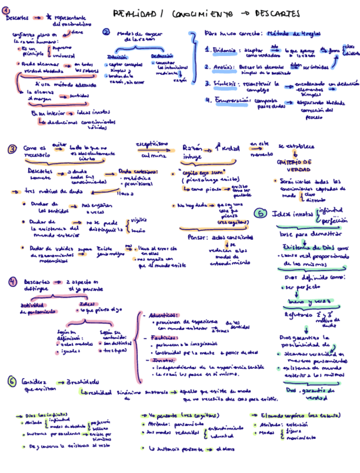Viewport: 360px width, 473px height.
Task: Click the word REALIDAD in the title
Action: coord(129,13)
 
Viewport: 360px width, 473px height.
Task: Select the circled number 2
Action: coord(106,32)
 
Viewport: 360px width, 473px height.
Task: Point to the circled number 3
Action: coord(12,149)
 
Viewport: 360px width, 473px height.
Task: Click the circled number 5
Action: coord(260,214)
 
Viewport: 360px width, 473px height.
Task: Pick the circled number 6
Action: coord(12,382)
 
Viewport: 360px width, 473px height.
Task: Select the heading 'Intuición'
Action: coord(116,57)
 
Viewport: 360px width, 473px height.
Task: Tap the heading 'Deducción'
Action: coord(162,56)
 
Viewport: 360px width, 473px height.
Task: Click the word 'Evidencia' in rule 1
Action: coord(224,50)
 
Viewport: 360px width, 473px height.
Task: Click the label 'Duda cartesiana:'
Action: coord(134,171)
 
